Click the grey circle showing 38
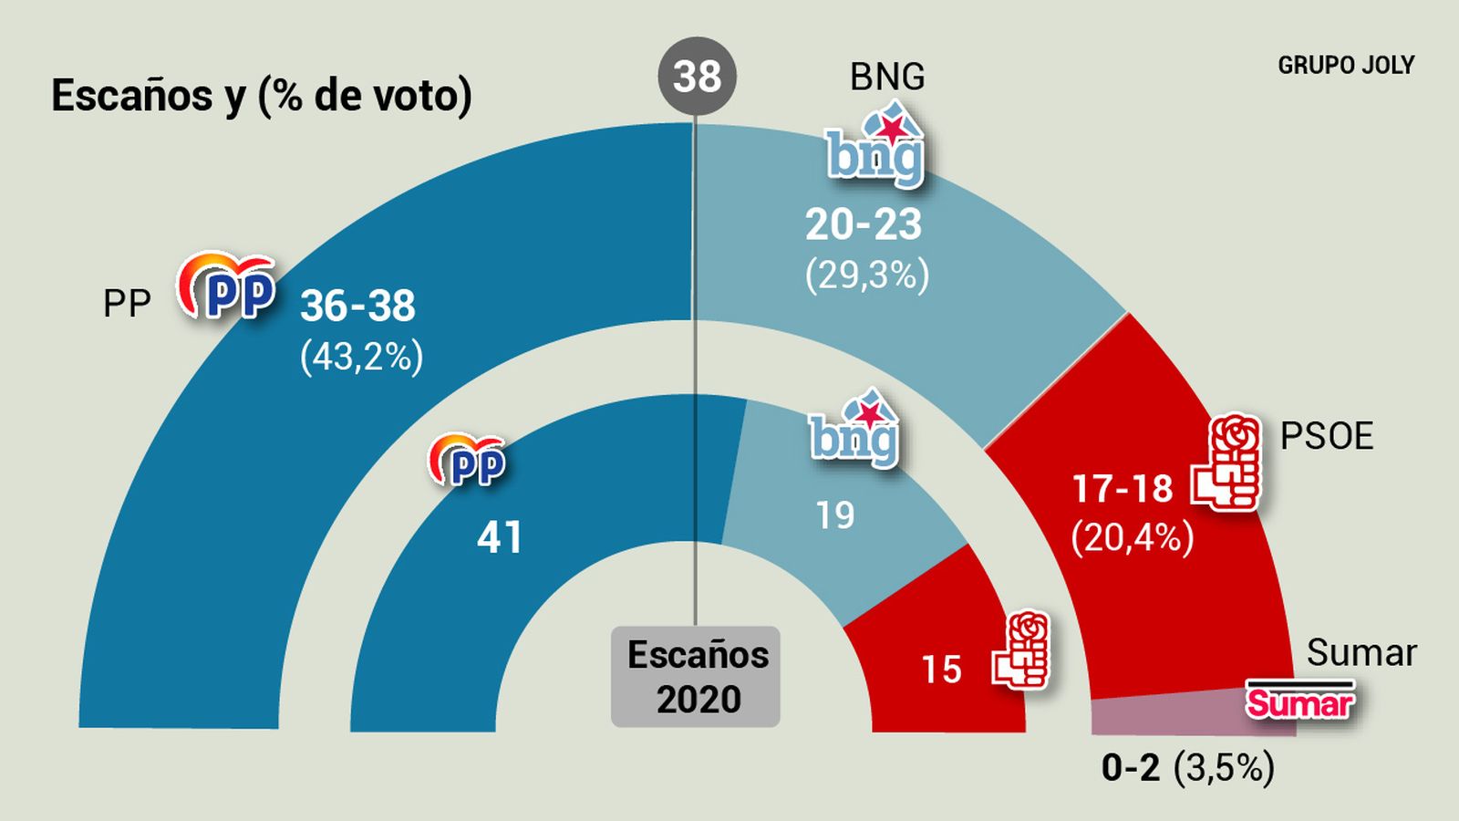click(x=697, y=76)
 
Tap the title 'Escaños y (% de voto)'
click(x=262, y=96)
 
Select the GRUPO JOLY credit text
click(x=1346, y=66)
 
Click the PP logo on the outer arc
click(x=227, y=286)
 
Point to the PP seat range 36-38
click(x=358, y=307)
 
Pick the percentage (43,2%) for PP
click(x=362, y=357)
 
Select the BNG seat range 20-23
click(x=864, y=224)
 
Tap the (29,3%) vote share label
click(x=867, y=274)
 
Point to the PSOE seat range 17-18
click(x=1123, y=489)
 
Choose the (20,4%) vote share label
click(x=1133, y=537)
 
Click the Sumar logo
click(x=1300, y=700)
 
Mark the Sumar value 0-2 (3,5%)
click(x=1187, y=768)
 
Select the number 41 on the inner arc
click(x=500, y=538)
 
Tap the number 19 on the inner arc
click(x=835, y=516)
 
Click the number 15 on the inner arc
click(x=941, y=670)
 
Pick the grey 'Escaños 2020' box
click(x=696, y=677)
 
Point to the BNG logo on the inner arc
click(x=855, y=431)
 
